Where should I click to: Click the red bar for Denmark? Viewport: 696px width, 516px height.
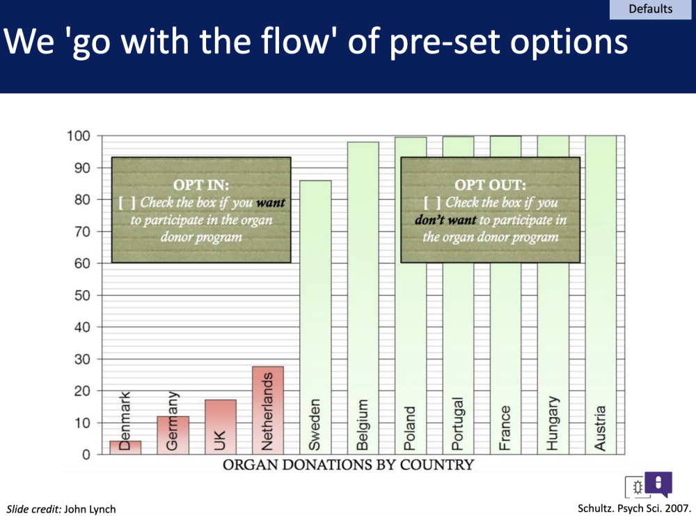[x=125, y=447]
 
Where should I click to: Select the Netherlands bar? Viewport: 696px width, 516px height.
[x=268, y=410]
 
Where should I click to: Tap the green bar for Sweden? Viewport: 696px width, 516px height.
[x=315, y=317]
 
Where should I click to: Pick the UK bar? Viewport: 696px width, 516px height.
[x=221, y=427]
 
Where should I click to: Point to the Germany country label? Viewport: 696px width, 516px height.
[x=172, y=421]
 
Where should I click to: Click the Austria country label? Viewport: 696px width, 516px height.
[x=600, y=428]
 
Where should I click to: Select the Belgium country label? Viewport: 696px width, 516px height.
[x=362, y=425]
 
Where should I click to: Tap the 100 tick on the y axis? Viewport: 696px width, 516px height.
[x=79, y=136]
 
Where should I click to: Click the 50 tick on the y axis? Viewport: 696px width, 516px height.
[x=82, y=296]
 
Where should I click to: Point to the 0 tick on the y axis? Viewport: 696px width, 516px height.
[x=86, y=455]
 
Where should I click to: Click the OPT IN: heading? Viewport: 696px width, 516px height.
[x=201, y=185]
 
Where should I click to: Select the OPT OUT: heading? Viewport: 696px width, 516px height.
[x=491, y=185]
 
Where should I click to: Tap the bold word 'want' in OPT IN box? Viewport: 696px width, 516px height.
[x=271, y=203]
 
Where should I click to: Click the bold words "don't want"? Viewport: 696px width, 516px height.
[x=445, y=220]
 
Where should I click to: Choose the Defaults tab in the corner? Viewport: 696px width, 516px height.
[x=650, y=9]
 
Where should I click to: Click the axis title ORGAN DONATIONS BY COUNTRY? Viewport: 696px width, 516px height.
[x=349, y=465]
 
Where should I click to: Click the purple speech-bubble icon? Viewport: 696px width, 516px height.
[x=658, y=484]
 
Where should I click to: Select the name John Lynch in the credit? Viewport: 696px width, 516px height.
[x=90, y=509]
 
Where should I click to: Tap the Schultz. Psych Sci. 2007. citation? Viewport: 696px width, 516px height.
[x=634, y=508]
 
